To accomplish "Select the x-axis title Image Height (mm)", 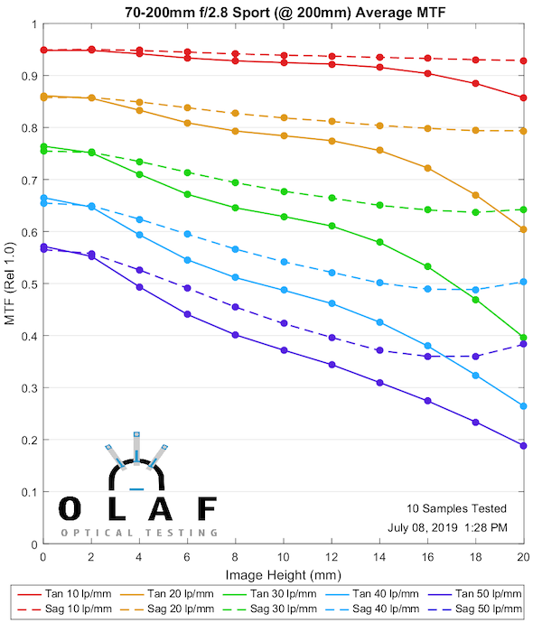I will [283, 573].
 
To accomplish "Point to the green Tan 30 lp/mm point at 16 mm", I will [427, 266].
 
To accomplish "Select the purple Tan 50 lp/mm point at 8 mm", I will [235, 335].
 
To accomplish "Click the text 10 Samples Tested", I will [455, 508].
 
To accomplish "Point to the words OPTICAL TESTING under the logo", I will [139, 533].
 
